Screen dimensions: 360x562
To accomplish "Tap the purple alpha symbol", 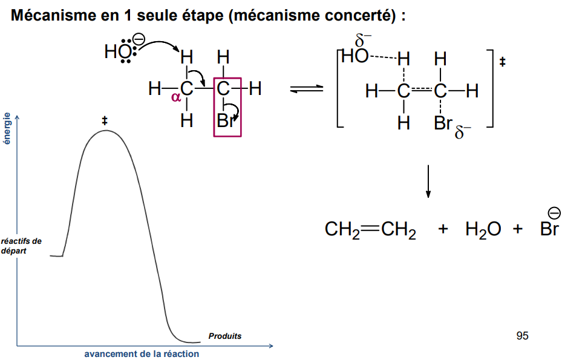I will point(176,97).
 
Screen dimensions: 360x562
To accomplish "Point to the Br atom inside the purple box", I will point(225,121).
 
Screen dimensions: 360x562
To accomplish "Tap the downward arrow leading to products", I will point(428,181).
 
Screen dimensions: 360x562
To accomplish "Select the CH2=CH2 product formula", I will point(370,230).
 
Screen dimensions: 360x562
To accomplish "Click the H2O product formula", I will point(483,230).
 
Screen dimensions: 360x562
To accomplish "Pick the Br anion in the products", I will point(549,229).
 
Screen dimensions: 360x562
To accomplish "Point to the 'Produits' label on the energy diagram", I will point(224,336).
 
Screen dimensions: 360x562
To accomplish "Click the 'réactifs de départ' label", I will point(21,245).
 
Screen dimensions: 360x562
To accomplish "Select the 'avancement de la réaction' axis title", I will point(142,354).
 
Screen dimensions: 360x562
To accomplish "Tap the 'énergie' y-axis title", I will point(7,128).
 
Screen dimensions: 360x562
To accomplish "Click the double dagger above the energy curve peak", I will point(105,122).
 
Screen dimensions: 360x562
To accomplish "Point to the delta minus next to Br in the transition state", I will point(462,132).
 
